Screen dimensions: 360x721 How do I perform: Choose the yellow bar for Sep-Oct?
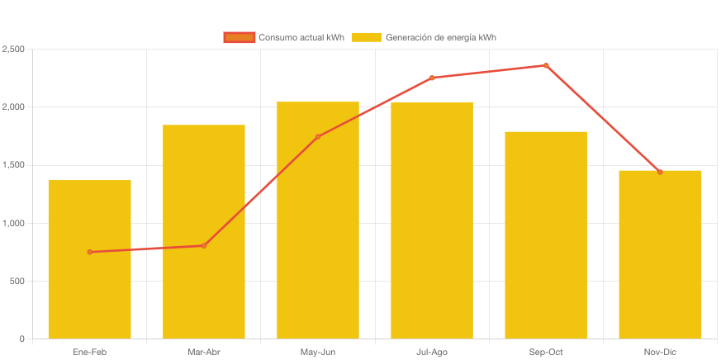click(x=546, y=235)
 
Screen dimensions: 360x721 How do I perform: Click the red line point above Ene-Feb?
click(x=89, y=252)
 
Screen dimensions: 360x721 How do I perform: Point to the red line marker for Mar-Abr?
click(x=203, y=245)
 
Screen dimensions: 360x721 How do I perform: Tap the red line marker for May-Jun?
click(x=318, y=136)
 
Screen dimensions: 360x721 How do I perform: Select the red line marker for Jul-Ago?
click(x=432, y=78)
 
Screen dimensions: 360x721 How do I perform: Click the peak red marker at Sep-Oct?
click(x=546, y=65)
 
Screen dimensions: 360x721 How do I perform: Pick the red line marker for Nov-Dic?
click(x=660, y=172)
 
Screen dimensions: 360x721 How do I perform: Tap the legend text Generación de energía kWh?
click(x=440, y=37)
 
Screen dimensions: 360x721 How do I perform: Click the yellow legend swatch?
click(x=366, y=37)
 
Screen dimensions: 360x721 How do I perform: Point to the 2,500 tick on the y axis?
click(x=14, y=50)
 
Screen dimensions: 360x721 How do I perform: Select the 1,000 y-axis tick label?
click(x=14, y=223)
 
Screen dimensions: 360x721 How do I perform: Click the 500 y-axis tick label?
click(x=17, y=281)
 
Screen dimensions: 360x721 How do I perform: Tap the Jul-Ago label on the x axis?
click(x=432, y=352)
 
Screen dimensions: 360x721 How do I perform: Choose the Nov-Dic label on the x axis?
click(x=660, y=352)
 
